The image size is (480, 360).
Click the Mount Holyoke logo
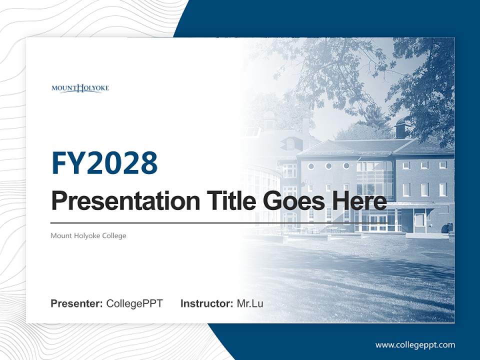[x=80, y=88]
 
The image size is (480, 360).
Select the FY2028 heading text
[x=104, y=163]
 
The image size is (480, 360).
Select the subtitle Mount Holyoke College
[x=88, y=235]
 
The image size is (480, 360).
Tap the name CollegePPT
[x=134, y=303]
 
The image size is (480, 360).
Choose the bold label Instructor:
[x=206, y=303]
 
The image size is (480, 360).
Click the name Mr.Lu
[x=250, y=303]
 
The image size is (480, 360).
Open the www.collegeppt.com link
[x=415, y=344]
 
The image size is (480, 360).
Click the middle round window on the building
[x=328, y=166]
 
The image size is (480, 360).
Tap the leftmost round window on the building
[x=311, y=166]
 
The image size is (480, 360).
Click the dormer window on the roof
[x=290, y=144]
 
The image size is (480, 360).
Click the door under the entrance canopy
[x=419, y=220]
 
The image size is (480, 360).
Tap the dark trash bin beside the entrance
[x=450, y=227]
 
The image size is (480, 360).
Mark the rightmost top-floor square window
[x=442, y=164]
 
